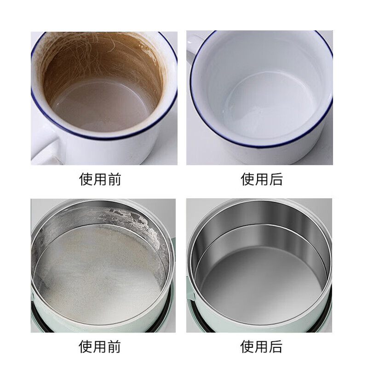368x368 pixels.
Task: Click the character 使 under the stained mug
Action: point(87,179)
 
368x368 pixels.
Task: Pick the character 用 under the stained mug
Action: point(101,179)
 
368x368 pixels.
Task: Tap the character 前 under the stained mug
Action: point(115,179)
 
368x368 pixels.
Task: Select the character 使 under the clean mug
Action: point(248,179)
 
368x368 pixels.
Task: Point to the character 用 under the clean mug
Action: point(262,179)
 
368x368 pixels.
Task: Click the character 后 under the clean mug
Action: point(276,179)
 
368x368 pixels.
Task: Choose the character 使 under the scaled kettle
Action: point(87,345)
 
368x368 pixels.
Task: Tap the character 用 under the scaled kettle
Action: point(101,345)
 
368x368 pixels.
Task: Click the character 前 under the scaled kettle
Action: point(115,345)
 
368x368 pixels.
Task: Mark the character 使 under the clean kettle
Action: point(248,345)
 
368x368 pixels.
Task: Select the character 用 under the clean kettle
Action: point(262,345)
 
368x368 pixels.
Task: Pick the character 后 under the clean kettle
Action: point(276,345)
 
